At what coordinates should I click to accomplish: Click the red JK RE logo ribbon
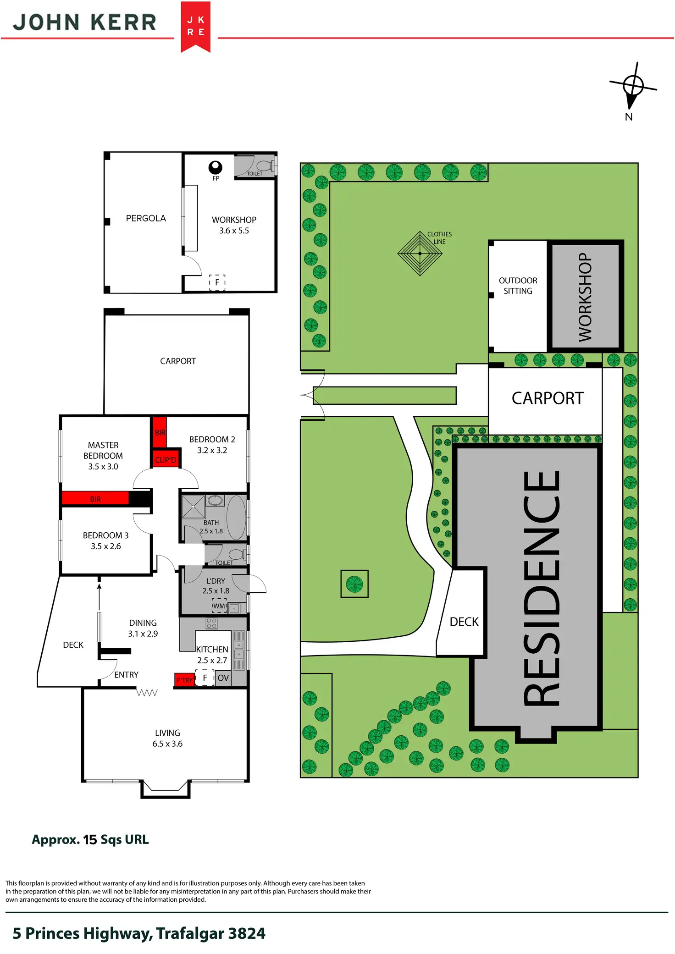(x=195, y=27)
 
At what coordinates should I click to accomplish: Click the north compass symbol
(x=633, y=86)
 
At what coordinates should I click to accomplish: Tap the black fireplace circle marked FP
(x=215, y=167)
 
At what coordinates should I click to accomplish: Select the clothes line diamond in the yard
(x=420, y=253)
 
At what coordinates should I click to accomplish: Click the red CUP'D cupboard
(x=166, y=459)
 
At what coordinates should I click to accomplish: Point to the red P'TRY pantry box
(x=184, y=680)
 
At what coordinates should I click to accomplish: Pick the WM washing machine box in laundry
(x=219, y=606)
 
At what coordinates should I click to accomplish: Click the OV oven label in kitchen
(x=223, y=678)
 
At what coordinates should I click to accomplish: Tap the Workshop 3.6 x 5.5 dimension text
(x=234, y=231)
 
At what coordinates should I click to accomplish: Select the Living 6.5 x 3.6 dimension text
(x=167, y=744)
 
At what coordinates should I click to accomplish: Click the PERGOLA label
(x=146, y=218)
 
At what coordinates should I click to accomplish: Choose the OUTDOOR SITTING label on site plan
(x=518, y=286)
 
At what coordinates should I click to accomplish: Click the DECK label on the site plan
(x=464, y=622)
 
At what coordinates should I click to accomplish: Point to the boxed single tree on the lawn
(x=354, y=584)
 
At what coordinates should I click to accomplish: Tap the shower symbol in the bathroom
(x=193, y=507)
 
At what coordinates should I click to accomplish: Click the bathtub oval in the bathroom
(x=236, y=518)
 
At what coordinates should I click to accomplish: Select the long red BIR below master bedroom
(x=95, y=499)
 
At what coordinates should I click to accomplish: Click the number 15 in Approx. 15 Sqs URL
(x=90, y=839)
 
